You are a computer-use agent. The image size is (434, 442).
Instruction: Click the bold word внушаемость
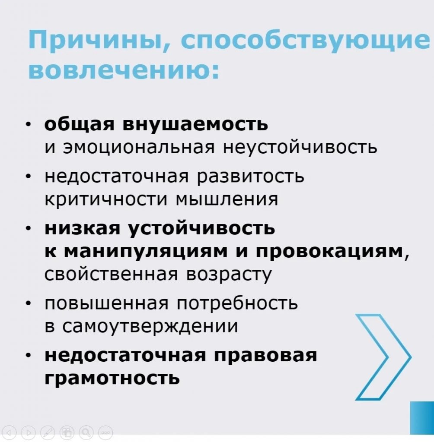[x=195, y=123]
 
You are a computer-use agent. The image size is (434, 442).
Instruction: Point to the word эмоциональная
[x=139, y=147]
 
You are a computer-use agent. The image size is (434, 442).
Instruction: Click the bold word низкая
[x=82, y=228]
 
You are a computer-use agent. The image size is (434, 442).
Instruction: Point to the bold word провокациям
[x=329, y=251]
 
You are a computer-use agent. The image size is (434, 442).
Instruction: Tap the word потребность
[x=237, y=303]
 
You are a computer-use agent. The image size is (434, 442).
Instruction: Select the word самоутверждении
[x=150, y=326]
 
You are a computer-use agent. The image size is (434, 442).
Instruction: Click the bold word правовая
[x=265, y=355]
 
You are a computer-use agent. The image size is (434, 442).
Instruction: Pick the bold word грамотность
[x=112, y=378]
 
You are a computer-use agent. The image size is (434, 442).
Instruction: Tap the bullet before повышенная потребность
[x=28, y=303]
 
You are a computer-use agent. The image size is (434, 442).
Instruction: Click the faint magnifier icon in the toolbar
[x=86, y=432]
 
